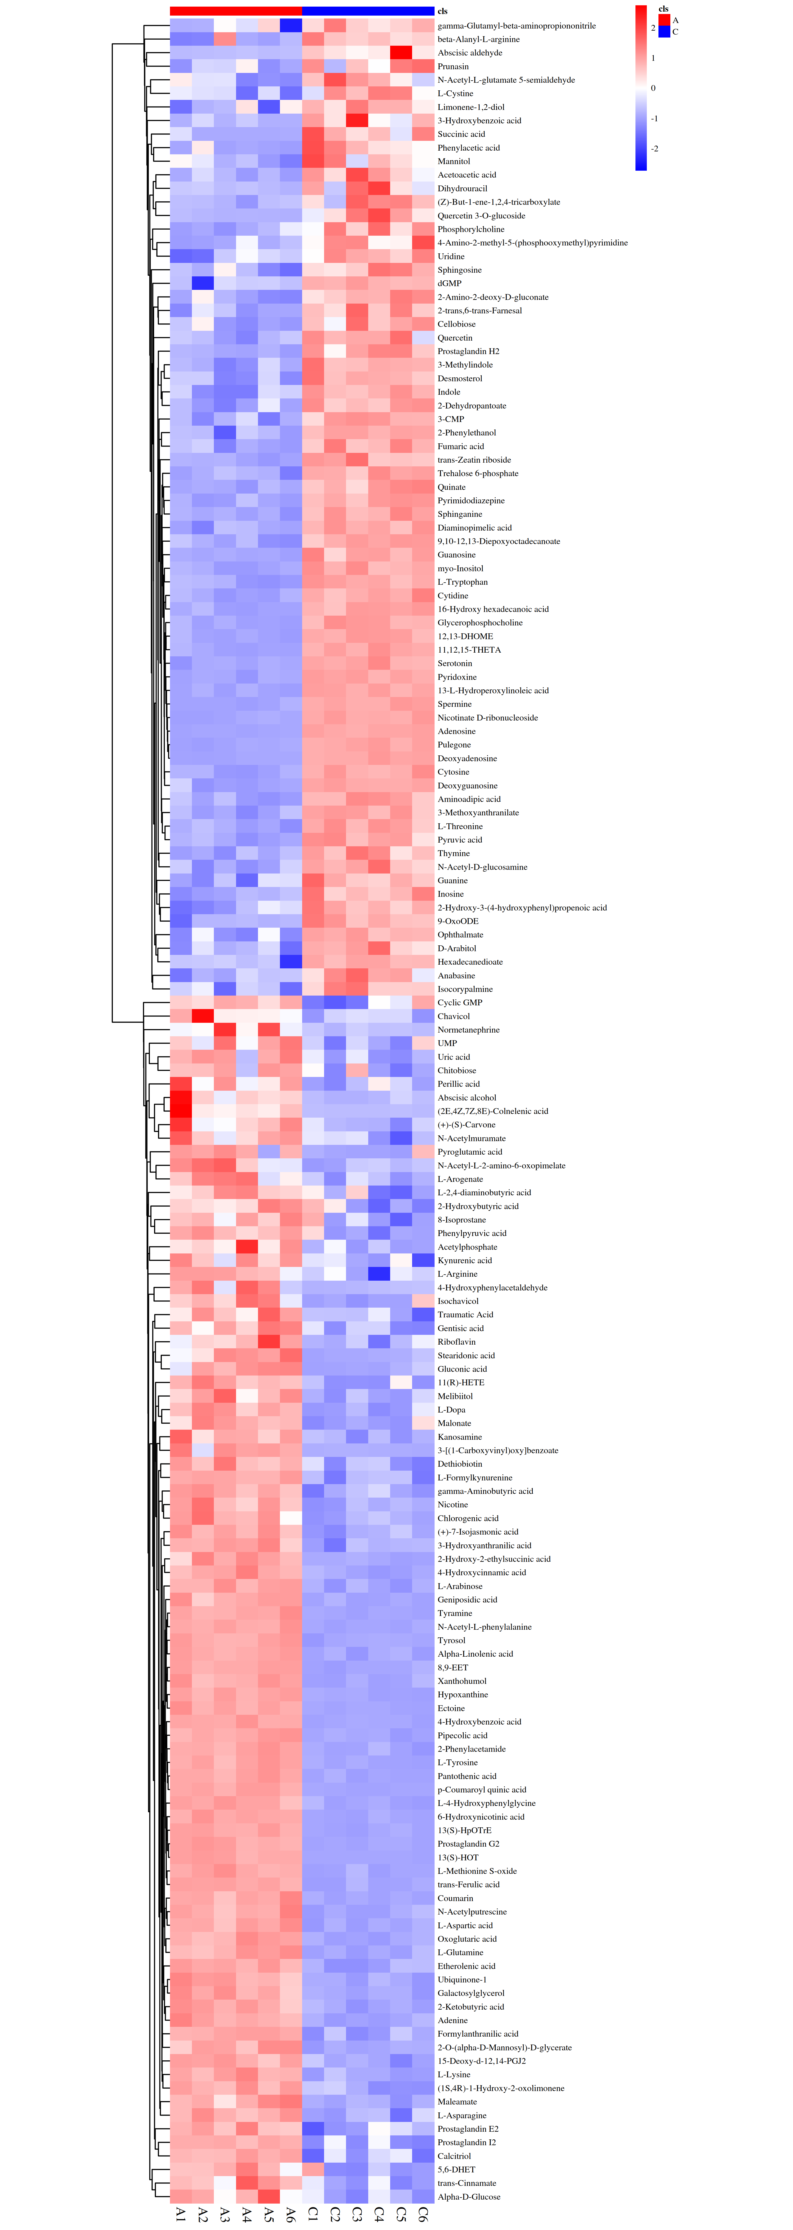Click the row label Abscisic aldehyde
click(x=469, y=53)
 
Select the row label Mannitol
click(x=454, y=161)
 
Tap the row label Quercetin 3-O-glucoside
click(x=481, y=216)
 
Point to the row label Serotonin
click(x=454, y=663)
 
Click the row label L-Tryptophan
click(x=462, y=582)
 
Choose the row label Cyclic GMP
click(x=460, y=1002)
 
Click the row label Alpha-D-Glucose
click(x=468, y=2196)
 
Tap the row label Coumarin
click(x=455, y=1898)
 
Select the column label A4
click(x=247, y=2214)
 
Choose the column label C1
click(x=312, y=2214)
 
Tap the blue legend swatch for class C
click(x=664, y=31)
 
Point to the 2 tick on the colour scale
click(x=654, y=28)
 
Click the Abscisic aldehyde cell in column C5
click(x=401, y=53)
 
